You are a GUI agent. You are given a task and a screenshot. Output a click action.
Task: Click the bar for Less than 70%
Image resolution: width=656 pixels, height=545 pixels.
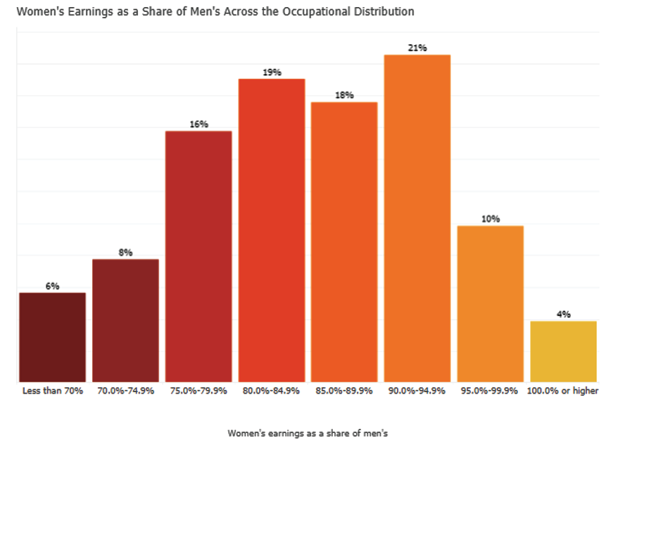(53, 337)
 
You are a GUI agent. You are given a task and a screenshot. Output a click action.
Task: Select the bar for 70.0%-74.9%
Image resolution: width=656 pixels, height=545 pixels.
(125, 320)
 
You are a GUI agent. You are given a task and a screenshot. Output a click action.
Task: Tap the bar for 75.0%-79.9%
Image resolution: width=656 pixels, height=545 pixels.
(198, 256)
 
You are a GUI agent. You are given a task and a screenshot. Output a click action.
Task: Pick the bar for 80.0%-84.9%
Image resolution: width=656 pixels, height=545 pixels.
(272, 230)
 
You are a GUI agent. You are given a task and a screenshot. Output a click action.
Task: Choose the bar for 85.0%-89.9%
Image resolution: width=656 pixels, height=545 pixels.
(344, 242)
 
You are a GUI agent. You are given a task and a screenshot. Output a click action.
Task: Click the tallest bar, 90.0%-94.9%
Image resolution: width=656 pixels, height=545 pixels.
(417, 218)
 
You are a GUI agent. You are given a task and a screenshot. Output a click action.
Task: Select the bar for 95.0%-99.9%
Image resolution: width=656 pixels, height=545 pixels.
(491, 303)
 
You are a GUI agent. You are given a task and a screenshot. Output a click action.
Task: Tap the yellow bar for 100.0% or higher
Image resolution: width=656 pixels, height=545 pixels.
(563, 351)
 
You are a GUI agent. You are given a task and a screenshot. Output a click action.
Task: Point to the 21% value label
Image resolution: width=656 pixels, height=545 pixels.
(417, 48)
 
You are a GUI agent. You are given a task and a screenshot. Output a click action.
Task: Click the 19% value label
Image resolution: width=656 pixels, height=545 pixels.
(272, 72)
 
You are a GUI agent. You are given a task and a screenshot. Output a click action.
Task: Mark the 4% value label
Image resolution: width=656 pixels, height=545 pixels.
(563, 314)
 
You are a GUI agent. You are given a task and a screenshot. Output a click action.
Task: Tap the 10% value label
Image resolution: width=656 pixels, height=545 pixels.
(491, 219)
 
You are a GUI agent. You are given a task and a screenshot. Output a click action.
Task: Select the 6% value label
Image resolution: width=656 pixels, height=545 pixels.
(53, 286)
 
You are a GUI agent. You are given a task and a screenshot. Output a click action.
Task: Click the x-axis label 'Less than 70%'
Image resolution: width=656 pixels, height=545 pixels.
(53, 391)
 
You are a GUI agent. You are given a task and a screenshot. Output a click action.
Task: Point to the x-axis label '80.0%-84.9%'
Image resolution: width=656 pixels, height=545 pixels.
(272, 391)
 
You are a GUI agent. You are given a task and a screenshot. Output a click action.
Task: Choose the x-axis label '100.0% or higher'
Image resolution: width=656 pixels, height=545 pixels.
(563, 391)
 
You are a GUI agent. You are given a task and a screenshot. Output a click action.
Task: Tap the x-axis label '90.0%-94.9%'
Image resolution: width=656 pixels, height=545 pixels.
(417, 391)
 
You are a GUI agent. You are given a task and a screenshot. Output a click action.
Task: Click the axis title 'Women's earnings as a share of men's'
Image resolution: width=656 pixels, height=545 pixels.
(308, 433)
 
